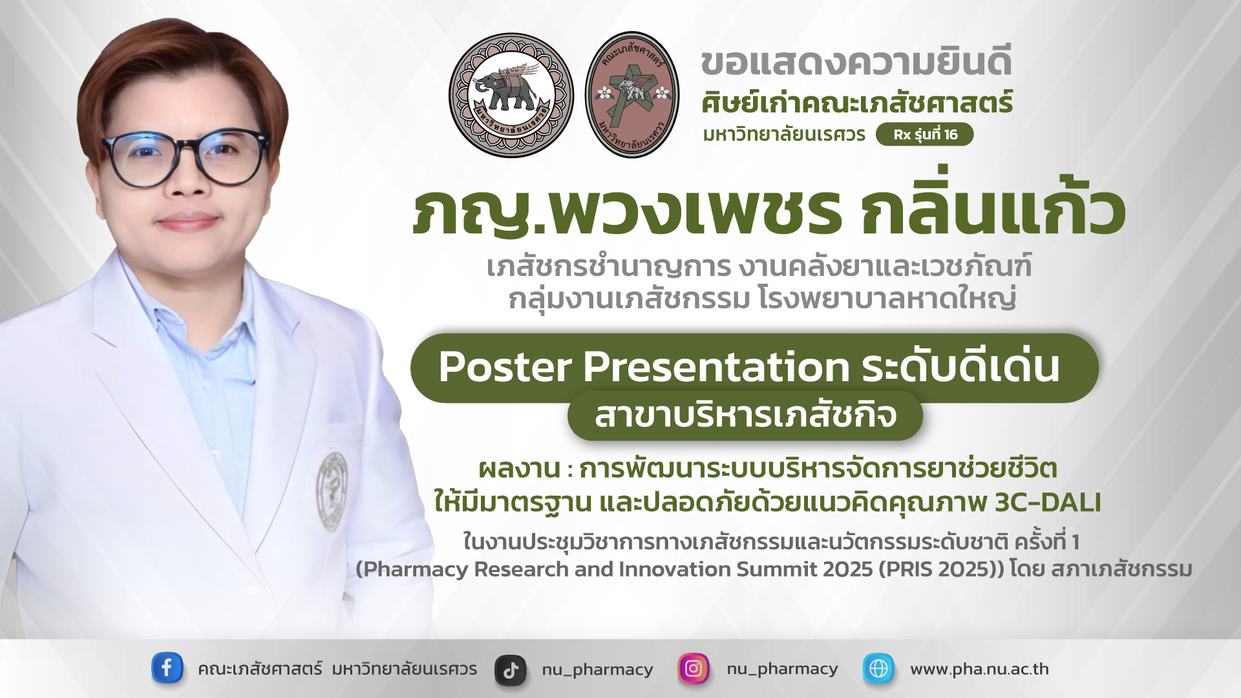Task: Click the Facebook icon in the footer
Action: pyautogui.click(x=167, y=668)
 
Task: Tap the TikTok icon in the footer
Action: pyautogui.click(x=511, y=670)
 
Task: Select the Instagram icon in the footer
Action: pyautogui.click(x=693, y=668)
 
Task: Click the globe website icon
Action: pyautogui.click(x=878, y=668)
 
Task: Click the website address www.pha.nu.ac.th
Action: pyautogui.click(x=979, y=669)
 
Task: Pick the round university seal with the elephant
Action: pyautogui.click(x=511, y=95)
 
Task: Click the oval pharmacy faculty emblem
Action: pyautogui.click(x=632, y=95)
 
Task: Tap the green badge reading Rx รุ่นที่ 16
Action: pyautogui.click(x=924, y=134)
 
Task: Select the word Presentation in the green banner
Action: pyautogui.click(x=716, y=367)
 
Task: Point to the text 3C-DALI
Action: pyautogui.click(x=1047, y=502)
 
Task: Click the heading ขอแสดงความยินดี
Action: pyautogui.click(x=856, y=63)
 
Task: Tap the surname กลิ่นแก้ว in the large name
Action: pyautogui.click(x=993, y=210)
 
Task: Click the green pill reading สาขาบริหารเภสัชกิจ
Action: pyautogui.click(x=745, y=416)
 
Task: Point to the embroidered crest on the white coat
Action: pyautogui.click(x=332, y=491)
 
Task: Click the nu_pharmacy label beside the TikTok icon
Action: pyautogui.click(x=597, y=670)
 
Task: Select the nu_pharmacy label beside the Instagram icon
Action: pyautogui.click(x=782, y=669)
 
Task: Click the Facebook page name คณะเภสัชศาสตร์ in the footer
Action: pyautogui.click(x=260, y=669)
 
